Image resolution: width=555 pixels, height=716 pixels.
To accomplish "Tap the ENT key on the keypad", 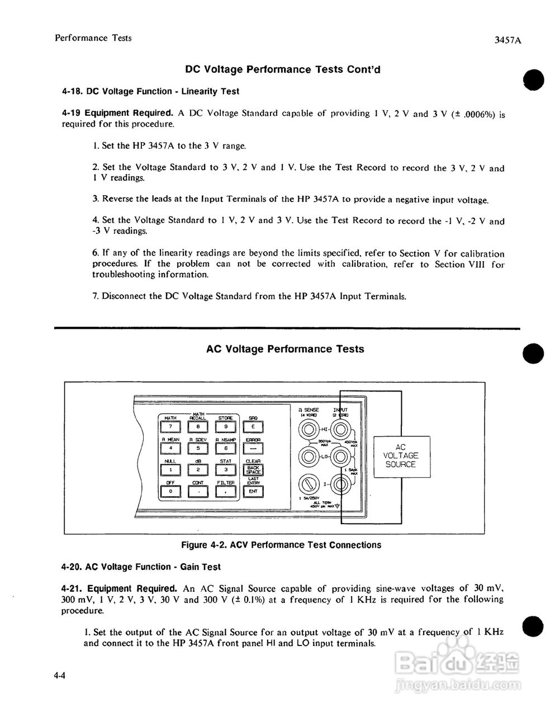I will tap(254, 492).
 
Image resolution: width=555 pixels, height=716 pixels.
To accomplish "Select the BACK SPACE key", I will tap(254, 470).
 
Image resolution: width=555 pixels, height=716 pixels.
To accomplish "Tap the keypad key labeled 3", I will tap(226, 470).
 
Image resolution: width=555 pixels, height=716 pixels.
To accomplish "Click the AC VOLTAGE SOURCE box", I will tap(401, 456).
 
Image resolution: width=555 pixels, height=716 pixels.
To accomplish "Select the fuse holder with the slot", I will tap(307, 482).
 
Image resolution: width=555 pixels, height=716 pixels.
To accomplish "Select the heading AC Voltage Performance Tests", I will tap(285, 349).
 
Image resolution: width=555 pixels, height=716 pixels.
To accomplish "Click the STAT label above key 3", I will tap(226, 461).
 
